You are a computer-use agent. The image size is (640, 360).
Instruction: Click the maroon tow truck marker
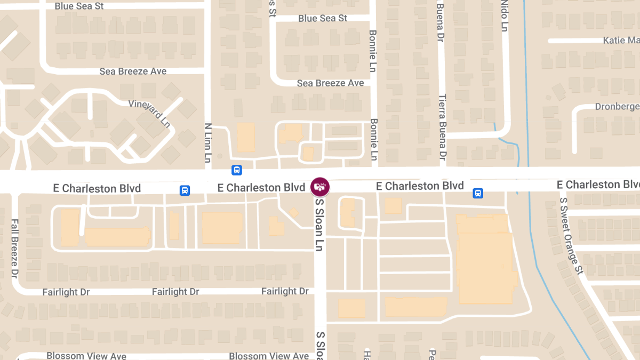click(320, 187)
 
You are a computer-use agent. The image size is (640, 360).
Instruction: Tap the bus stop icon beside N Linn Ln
click(237, 170)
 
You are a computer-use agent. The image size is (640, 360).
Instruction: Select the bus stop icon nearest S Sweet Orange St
click(478, 193)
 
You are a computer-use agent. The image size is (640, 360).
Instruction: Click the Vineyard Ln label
click(149, 113)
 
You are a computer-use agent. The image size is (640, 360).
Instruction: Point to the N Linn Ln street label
click(209, 142)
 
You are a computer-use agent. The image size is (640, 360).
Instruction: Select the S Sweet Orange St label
click(572, 236)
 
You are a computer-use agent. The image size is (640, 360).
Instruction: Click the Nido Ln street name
click(504, 15)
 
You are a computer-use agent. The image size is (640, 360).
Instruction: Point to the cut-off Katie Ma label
click(621, 41)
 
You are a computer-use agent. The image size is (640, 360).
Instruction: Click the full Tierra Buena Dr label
click(442, 127)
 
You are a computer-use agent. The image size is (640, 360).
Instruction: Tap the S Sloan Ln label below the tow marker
click(319, 224)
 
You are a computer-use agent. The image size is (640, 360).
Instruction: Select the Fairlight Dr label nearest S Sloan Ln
click(285, 291)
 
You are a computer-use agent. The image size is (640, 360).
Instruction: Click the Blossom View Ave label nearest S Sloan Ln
click(269, 356)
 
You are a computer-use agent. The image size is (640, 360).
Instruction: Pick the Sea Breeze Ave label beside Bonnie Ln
click(330, 83)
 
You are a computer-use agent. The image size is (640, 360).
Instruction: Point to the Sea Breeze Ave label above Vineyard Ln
click(133, 71)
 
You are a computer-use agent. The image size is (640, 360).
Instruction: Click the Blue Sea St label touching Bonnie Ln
click(323, 18)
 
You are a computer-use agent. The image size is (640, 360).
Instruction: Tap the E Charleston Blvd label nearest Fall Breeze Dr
click(97, 188)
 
